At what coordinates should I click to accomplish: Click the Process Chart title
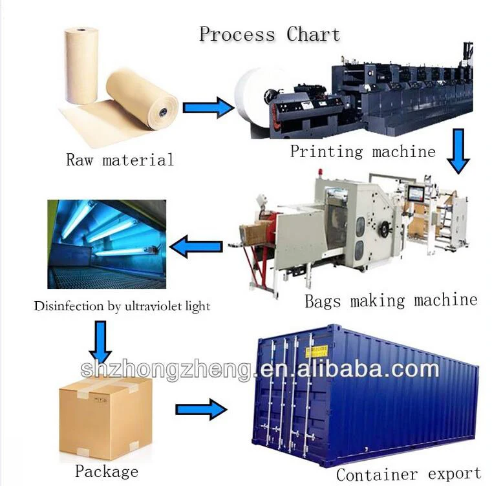click(270, 34)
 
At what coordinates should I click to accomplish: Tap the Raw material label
click(120, 160)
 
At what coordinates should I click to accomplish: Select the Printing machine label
click(363, 151)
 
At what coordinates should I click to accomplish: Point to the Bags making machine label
click(391, 301)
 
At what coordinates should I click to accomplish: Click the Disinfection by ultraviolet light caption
click(122, 306)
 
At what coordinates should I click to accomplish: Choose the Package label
click(107, 472)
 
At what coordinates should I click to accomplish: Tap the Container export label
click(409, 474)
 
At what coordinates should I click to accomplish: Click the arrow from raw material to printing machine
click(209, 108)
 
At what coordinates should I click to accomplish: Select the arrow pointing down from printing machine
click(458, 151)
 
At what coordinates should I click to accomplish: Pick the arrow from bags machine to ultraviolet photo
click(196, 246)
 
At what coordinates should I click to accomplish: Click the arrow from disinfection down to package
click(100, 342)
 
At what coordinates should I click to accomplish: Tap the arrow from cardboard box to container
click(202, 409)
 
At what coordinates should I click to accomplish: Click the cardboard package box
click(105, 417)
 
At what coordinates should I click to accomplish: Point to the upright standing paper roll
click(81, 65)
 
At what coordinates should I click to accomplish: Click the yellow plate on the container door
click(317, 352)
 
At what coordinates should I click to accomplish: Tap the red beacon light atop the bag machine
click(320, 173)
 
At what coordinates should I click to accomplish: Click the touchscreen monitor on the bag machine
click(416, 193)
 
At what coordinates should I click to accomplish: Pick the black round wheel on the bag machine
click(384, 229)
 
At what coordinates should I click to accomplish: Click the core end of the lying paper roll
click(163, 112)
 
